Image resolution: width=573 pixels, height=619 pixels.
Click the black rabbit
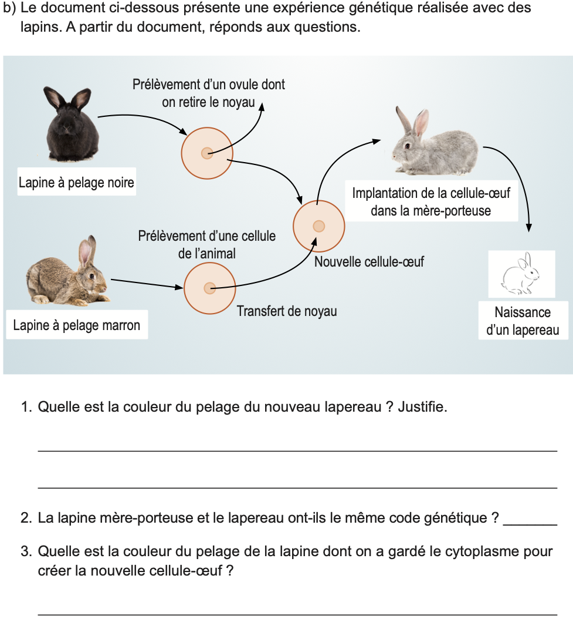pos(69,126)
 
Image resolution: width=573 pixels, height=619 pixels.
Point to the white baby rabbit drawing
pos(521,274)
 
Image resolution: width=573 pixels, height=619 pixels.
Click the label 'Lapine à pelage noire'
pos(76,183)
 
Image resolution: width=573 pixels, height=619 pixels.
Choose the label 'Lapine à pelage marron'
pos(76,325)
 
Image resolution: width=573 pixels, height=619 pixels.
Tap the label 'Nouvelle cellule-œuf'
pos(369,262)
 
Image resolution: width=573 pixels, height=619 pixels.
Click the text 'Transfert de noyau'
pos(287,311)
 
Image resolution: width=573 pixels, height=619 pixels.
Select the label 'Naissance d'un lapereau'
pos(523,321)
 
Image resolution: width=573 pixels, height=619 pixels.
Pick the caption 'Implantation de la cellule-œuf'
pos(431,193)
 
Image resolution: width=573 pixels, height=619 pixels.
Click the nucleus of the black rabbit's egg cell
pos(206,153)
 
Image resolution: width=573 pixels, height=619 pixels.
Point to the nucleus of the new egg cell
pos(318,226)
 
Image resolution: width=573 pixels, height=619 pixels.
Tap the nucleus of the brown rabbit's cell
pos(209,288)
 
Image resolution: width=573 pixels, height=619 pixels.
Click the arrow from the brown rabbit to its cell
pos(147,284)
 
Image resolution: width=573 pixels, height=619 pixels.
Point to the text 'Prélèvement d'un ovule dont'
pos(209,85)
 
